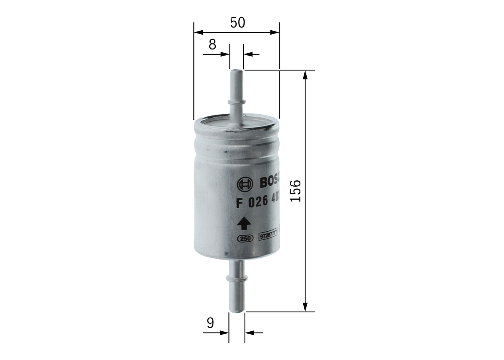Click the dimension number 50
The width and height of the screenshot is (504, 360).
237,23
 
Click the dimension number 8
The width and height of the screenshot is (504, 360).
212,45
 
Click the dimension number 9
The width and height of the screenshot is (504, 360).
211,323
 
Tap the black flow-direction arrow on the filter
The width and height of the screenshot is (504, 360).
244,223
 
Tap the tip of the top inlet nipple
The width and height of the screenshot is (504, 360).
236,71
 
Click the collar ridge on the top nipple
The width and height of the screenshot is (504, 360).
236,102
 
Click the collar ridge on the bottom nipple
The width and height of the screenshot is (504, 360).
236,279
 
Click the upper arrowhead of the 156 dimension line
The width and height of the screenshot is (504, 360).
305,75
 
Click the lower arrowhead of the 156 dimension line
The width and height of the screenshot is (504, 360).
305,307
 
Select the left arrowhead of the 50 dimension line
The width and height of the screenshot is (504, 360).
198,32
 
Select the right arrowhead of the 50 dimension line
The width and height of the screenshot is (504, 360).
274,32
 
